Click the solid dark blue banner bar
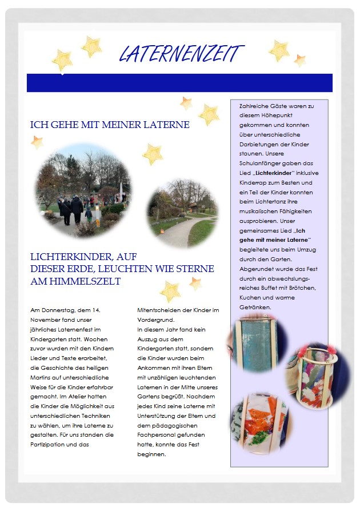pyautogui.click(x=179, y=82)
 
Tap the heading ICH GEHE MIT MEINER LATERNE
pyautogui.click(x=110, y=124)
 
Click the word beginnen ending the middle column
pyautogui.click(x=151, y=454)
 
